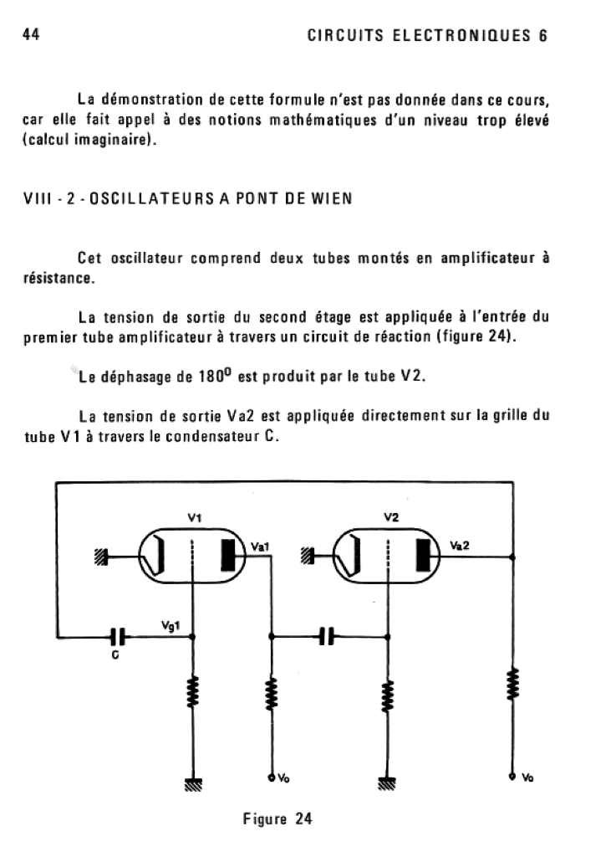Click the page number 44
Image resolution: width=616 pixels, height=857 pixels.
coord(31,35)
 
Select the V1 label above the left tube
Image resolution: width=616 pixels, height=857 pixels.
coord(194,518)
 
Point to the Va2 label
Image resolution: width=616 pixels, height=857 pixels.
coord(460,545)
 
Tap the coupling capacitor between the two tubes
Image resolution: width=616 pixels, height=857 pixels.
coord(328,637)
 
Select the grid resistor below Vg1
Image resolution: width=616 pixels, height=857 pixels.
coord(194,692)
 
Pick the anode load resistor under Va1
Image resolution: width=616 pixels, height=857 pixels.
coord(271,692)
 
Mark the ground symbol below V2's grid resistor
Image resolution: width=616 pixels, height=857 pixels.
coord(388,783)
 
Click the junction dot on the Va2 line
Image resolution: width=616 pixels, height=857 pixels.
coord(512,556)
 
